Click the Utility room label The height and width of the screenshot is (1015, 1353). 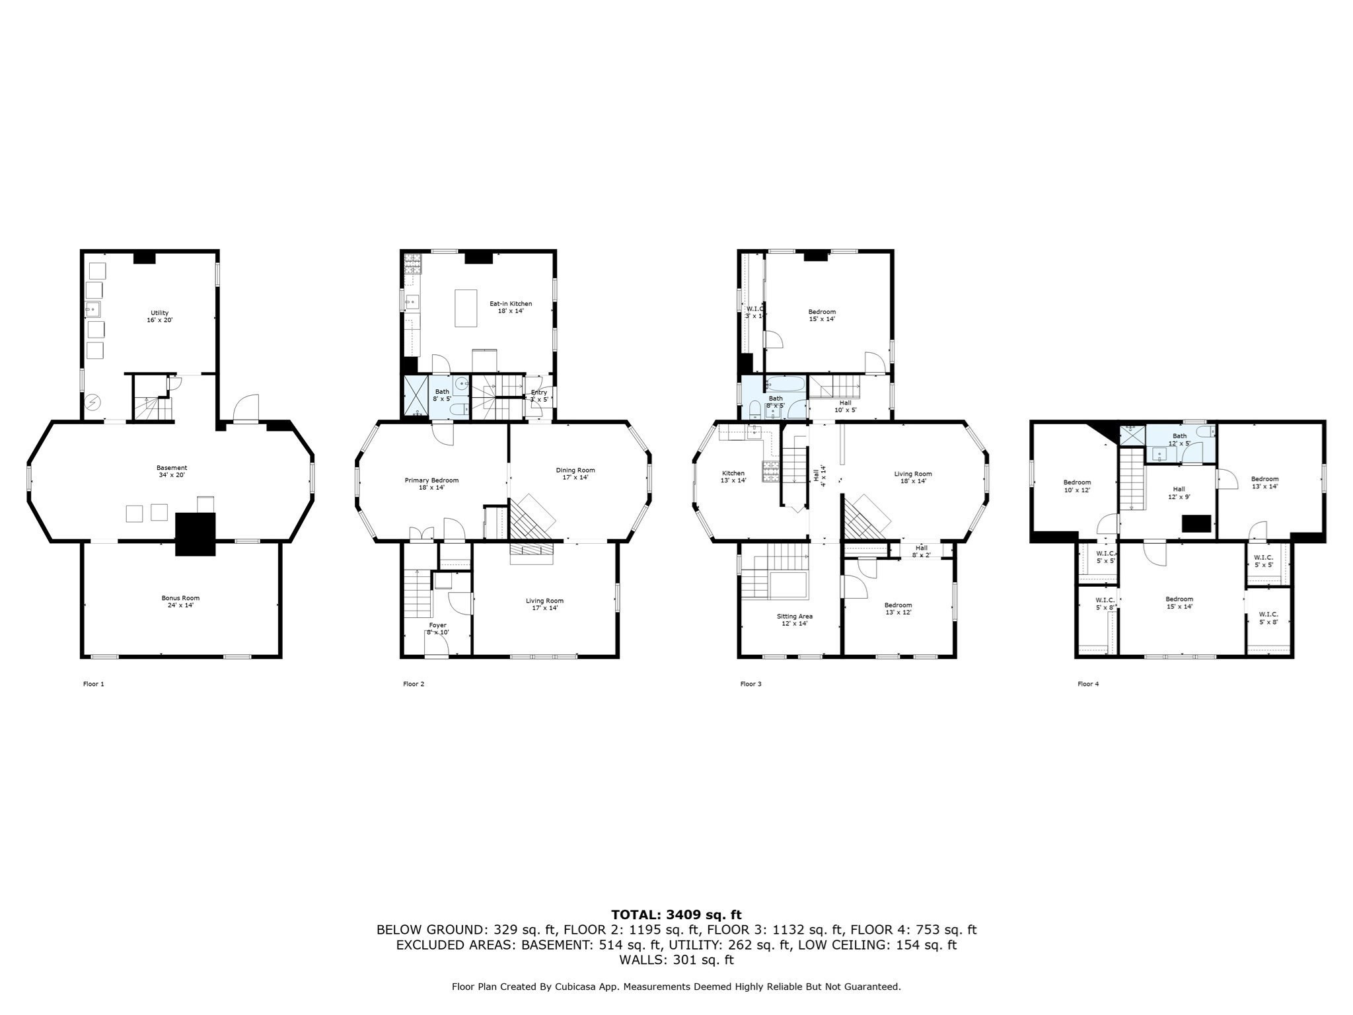pos(159,317)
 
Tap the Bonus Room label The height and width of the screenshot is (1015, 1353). pos(180,601)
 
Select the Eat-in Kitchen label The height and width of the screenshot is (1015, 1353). pos(511,307)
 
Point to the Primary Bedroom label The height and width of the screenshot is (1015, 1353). pos(431,484)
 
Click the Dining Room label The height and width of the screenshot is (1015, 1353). pos(575,474)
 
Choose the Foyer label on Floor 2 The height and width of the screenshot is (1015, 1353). pos(437,628)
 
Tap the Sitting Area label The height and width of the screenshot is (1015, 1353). pos(795,620)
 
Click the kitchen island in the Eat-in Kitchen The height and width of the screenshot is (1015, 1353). pos(466,308)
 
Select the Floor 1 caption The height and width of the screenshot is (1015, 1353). pos(93,684)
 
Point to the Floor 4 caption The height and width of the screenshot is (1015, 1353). pos(1088,684)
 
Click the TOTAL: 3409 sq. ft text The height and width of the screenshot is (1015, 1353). pos(676,915)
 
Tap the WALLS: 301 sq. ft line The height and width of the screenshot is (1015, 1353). pos(676,959)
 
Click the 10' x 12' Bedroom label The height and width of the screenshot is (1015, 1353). pos(1077,486)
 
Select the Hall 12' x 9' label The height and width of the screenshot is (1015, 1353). pos(1179,492)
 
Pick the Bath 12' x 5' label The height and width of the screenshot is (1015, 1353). pos(1179,439)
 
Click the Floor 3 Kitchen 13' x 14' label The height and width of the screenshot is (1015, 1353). pos(733,476)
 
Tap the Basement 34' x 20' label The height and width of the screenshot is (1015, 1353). pos(172,471)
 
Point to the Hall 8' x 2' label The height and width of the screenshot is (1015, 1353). pos(922,551)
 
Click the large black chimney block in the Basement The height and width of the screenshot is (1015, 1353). pos(196,534)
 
